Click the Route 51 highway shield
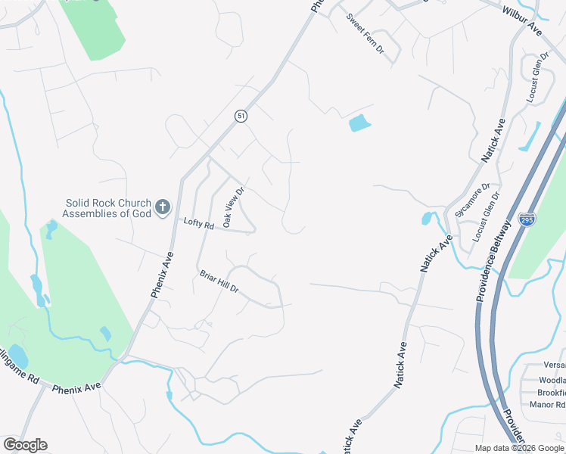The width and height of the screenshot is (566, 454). click(241, 116)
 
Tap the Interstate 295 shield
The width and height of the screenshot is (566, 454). click(527, 219)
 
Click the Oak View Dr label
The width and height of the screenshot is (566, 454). click(232, 207)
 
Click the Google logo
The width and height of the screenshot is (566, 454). click(25, 445)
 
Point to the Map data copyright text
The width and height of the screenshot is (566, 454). click(519, 448)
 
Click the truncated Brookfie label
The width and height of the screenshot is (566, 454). click(551, 393)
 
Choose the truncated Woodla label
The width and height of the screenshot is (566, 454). click(552, 380)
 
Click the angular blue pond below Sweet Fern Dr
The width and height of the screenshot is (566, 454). click(360, 122)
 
